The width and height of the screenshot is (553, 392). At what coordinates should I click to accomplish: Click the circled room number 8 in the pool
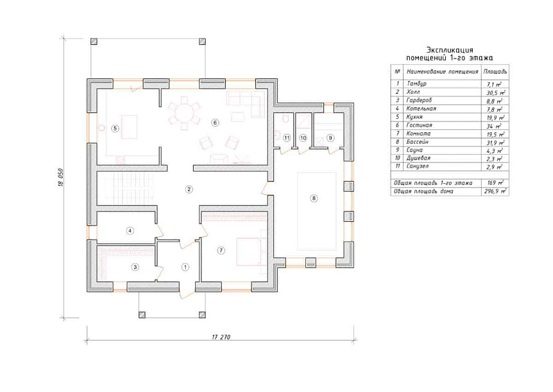coord(314,198)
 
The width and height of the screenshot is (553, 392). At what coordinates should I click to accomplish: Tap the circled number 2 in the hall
coord(189,190)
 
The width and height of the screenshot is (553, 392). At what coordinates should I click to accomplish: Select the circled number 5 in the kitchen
coord(115,129)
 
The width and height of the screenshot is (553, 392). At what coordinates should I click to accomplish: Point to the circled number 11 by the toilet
coord(287,138)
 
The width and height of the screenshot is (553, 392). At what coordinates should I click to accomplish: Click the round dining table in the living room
coord(183,113)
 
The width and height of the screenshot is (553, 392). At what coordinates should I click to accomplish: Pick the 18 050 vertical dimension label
coord(61,177)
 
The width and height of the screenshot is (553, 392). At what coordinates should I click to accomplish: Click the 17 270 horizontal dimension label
coord(221,337)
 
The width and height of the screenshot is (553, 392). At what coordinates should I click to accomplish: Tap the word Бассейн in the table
coord(417,141)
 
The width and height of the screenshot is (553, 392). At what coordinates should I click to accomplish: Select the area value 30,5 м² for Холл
coord(495,93)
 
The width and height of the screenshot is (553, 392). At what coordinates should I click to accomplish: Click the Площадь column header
coord(495,71)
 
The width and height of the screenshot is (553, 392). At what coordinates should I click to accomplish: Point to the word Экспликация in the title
coord(450,49)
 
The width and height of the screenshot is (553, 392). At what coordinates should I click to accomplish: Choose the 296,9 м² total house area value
coord(495,191)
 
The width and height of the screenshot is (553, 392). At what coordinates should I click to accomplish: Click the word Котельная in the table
coord(421,109)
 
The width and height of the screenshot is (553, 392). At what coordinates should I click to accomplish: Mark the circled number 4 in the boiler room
coord(130,231)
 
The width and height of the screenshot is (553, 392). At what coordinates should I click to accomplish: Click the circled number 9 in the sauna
coord(330,138)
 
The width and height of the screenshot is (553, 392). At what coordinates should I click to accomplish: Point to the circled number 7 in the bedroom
coord(221,251)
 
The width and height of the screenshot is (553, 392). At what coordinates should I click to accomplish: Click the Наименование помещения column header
coord(442,72)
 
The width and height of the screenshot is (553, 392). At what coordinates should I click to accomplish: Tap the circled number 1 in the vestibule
coord(185,267)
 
